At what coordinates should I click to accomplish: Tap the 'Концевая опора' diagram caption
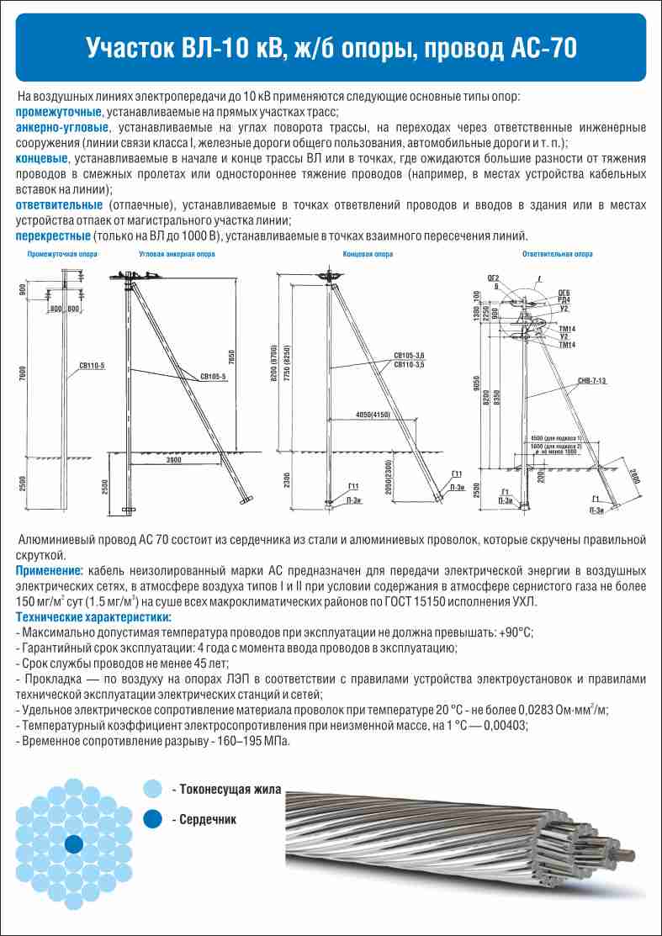tap(368, 253)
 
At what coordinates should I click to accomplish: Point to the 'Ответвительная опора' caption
tap(557, 253)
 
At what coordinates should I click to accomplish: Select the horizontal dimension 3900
tap(173, 463)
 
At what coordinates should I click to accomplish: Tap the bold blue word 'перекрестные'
tap(53, 235)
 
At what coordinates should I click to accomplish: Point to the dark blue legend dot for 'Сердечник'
tap(152, 819)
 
